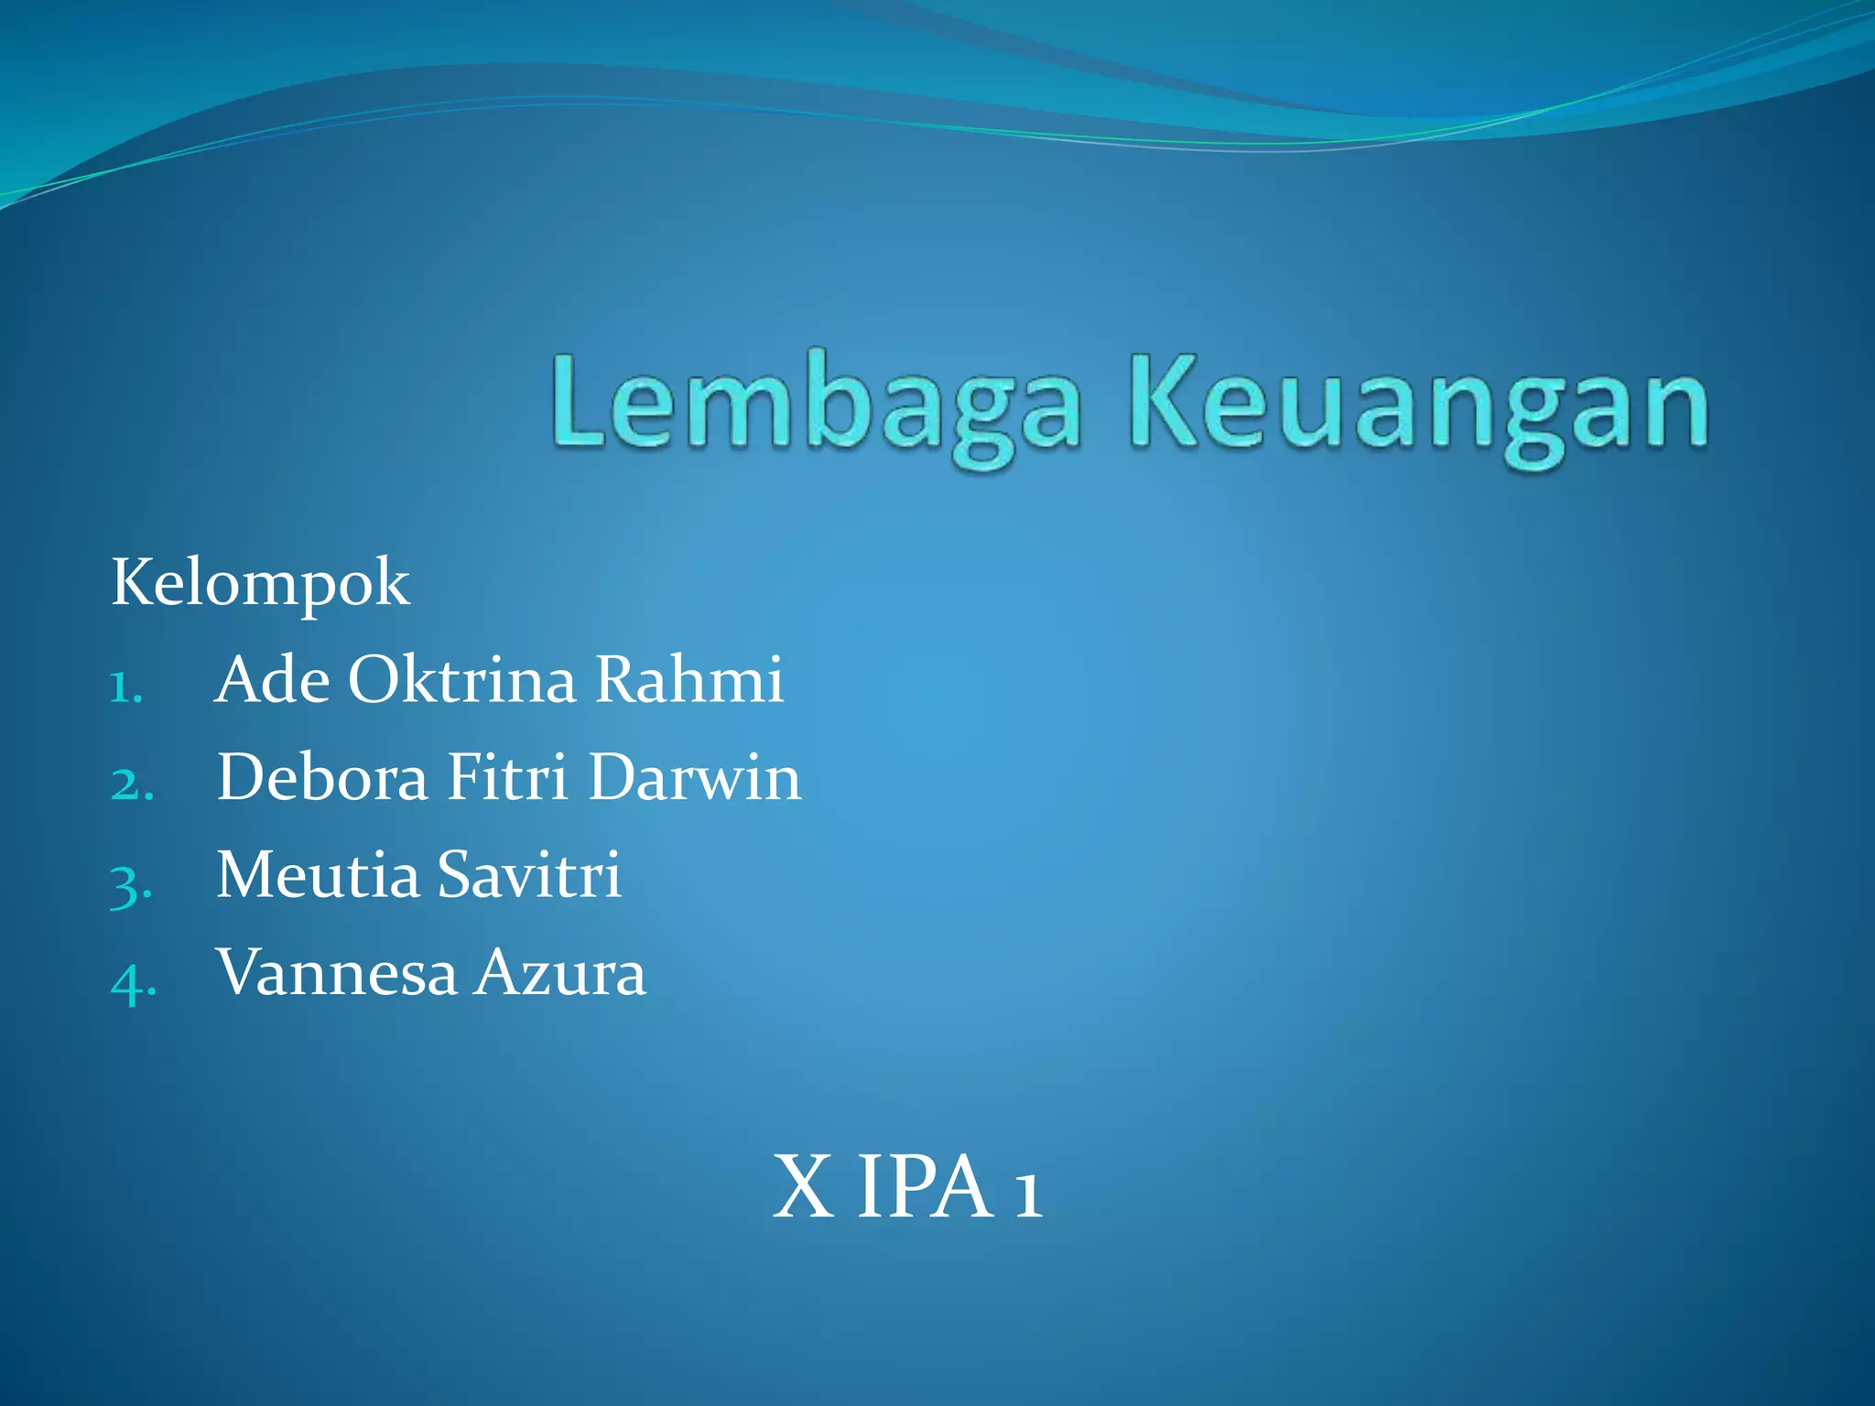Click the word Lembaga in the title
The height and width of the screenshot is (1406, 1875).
[x=816, y=408]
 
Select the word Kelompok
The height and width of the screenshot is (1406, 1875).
[x=260, y=583]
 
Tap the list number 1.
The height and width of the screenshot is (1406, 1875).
[x=126, y=687]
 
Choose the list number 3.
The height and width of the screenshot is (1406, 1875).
[x=131, y=883]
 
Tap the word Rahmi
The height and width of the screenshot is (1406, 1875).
[x=689, y=680]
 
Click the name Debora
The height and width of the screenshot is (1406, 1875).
[x=322, y=778]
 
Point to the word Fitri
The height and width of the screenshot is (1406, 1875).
[x=507, y=778]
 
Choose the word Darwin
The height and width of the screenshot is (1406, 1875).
[x=695, y=778]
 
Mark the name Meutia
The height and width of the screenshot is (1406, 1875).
[x=318, y=875]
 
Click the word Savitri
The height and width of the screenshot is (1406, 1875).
[x=529, y=875]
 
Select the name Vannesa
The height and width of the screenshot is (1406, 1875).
[x=336, y=973]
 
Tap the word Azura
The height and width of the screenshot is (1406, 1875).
[x=560, y=973]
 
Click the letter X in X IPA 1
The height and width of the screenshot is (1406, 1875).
[x=803, y=1187]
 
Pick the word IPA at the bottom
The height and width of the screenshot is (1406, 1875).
[x=925, y=1187]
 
